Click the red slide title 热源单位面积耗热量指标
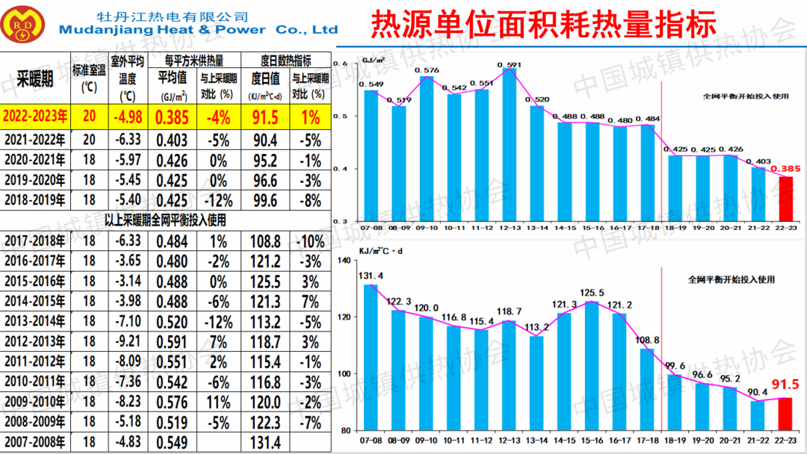click(x=543, y=24)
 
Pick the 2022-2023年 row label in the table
click(x=34, y=116)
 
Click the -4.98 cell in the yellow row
click(x=127, y=116)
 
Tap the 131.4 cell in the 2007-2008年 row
click(x=265, y=443)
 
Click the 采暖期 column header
click(x=34, y=78)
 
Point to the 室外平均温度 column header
click(x=127, y=78)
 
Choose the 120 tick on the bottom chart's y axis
click(x=344, y=317)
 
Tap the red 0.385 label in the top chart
click(x=787, y=169)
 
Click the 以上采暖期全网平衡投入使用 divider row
click(x=165, y=220)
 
